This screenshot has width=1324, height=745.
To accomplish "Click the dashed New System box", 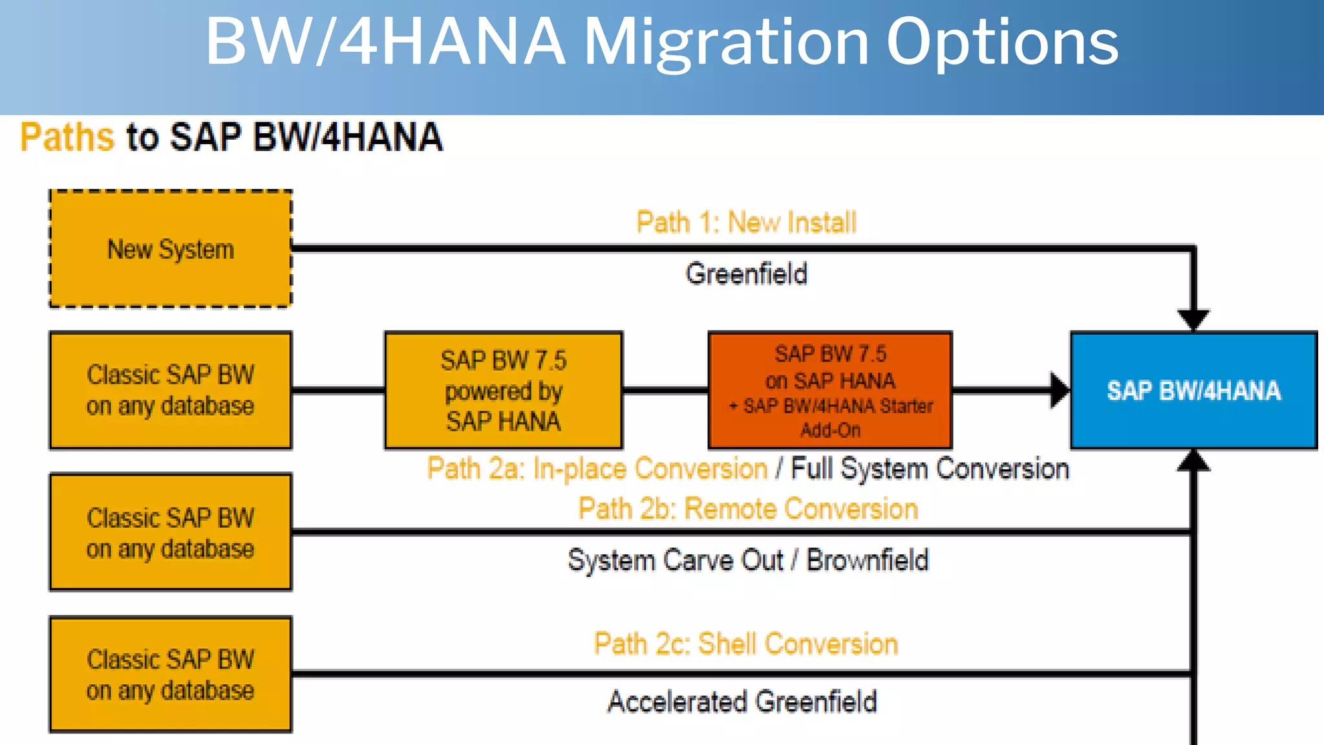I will point(171,249).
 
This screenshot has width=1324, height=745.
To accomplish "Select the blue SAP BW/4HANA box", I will point(1193,390).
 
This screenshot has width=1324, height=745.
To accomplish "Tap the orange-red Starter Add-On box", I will point(830,390).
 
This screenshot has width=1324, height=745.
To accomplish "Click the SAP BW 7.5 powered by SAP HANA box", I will point(504,390).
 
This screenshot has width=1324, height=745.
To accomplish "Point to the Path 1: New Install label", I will point(746,222).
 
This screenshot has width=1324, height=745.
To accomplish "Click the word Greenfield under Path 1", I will point(746,274).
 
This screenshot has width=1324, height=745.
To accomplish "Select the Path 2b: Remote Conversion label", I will point(748,509).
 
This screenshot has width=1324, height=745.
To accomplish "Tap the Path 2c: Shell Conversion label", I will point(746,644).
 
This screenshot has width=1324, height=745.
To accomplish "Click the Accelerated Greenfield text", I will point(742,702).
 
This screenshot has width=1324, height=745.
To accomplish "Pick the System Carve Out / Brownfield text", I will point(748,560).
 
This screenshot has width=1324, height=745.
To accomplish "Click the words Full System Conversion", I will point(930,469).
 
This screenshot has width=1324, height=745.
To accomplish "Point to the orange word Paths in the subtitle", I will point(67,137).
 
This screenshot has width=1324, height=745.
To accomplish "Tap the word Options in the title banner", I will point(1002,42).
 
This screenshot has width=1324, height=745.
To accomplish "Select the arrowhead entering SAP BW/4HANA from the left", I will point(1059,390).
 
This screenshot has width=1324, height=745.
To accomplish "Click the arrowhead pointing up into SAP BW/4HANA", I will point(1193,460).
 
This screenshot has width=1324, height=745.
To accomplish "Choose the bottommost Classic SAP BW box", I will point(171,675).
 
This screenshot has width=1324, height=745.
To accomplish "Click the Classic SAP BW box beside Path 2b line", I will point(171,532).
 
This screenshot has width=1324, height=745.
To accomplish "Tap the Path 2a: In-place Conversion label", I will point(597,469).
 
